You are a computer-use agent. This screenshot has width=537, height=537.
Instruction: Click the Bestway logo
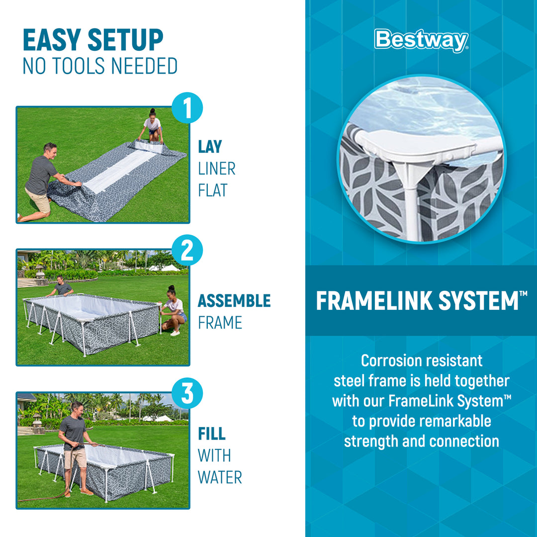(x=421, y=40)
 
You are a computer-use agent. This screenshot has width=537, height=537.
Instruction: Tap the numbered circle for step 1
(x=187, y=107)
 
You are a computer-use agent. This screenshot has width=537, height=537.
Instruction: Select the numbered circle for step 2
(x=187, y=250)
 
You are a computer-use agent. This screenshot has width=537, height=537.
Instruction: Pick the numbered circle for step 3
(x=187, y=393)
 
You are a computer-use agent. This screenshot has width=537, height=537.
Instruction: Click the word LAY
(x=210, y=147)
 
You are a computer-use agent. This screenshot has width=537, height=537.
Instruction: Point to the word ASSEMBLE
(x=234, y=301)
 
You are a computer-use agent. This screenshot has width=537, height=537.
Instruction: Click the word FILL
(x=212, y=434)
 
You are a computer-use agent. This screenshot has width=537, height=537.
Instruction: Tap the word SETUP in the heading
(x=125, y=40)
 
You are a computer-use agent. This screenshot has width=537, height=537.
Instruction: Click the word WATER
(x=220, y=477)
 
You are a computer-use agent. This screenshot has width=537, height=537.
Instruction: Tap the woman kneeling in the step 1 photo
(x=152, y=126)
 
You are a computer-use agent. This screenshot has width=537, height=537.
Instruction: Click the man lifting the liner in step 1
(x=43, y=182)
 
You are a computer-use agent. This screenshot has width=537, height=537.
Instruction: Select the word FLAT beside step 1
(x=213, y=190)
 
